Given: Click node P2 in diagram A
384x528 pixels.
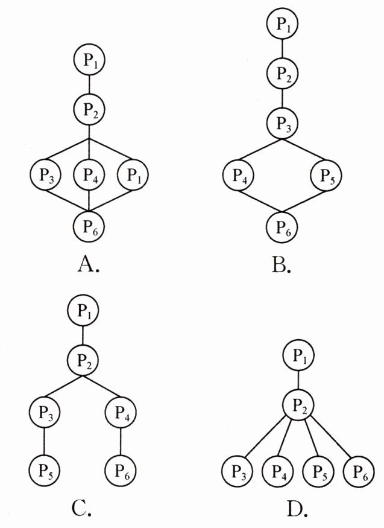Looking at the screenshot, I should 89,109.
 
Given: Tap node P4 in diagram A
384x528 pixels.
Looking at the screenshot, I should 89,176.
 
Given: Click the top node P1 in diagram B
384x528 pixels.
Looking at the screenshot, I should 282,25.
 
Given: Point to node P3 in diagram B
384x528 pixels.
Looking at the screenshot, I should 282,124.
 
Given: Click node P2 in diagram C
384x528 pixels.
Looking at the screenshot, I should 83,361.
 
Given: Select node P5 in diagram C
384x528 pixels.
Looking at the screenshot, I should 44,468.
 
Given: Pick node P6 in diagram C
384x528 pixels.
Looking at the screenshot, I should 121,468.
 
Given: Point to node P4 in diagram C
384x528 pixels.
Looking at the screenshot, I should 121,415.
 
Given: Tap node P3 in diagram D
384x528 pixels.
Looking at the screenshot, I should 237,469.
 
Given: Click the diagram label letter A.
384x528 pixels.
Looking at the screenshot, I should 88,264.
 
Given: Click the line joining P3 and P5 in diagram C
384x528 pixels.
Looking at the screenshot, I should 44,442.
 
